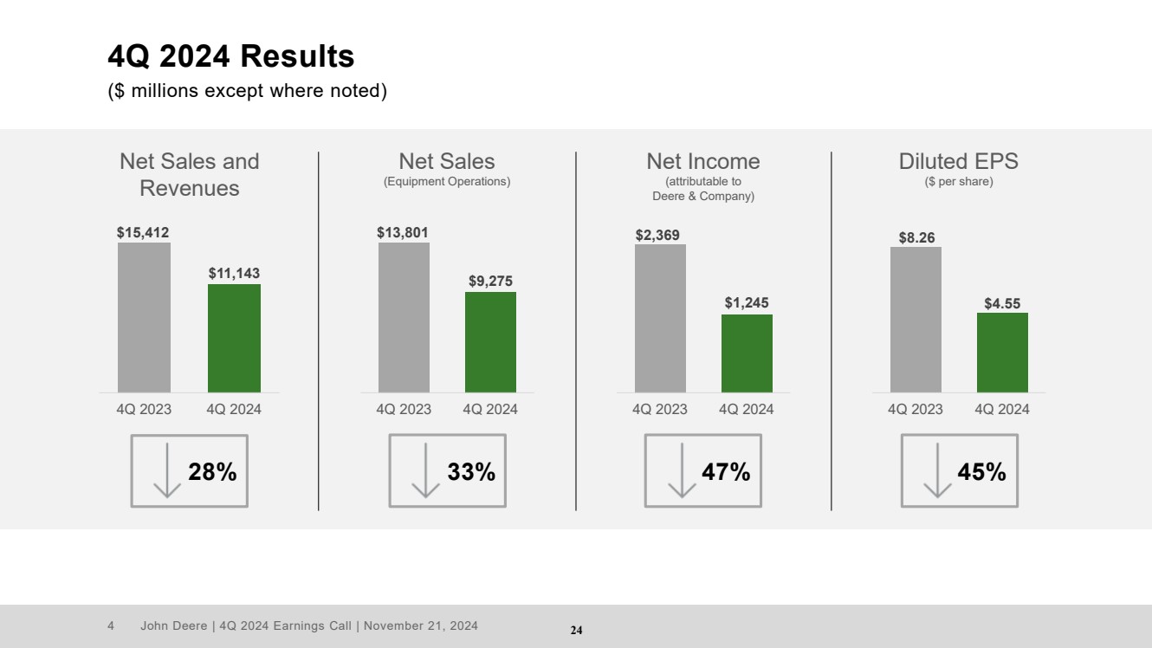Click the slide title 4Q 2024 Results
[x=230, y=57]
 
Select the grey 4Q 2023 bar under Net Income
[x=660, y=318]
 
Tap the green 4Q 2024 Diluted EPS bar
[x=1002, y=353]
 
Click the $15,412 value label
[x=144, y=232]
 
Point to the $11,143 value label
[x=234, y=273]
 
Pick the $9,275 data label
[x=490, y=281]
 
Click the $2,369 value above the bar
[x=660, y=234]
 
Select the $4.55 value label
[x=1002, y=303]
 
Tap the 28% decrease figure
[x=212, y=472]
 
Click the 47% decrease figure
[x=726, y=472]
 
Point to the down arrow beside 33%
[x=425, y=470]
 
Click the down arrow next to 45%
[x=937, y=470]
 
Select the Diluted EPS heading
[x=958, y=161]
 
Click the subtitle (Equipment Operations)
[x=447, y=182]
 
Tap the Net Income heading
[x=703, y=161]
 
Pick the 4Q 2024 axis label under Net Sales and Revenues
[x=234, y=410]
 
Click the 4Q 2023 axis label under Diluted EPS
[x=916, y=410]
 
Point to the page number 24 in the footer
[x=576, y=631]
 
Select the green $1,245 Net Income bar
[x=747, y=353]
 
